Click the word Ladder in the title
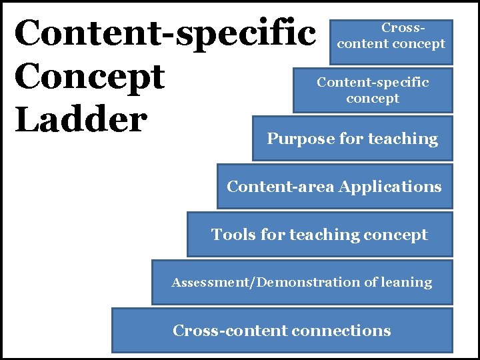(81, 120)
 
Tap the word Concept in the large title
(89, 77)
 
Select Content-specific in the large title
(165, 34)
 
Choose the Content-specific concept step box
(373, 90)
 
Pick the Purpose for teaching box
(352, 139)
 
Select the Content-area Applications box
(334, 187)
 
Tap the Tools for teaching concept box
(319, 235)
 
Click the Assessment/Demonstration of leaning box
(301, 283)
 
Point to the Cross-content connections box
(281, 330)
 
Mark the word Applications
(389, 187)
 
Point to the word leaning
(407, 283)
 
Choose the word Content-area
(280, 187)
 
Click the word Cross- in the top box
(403, 29)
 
